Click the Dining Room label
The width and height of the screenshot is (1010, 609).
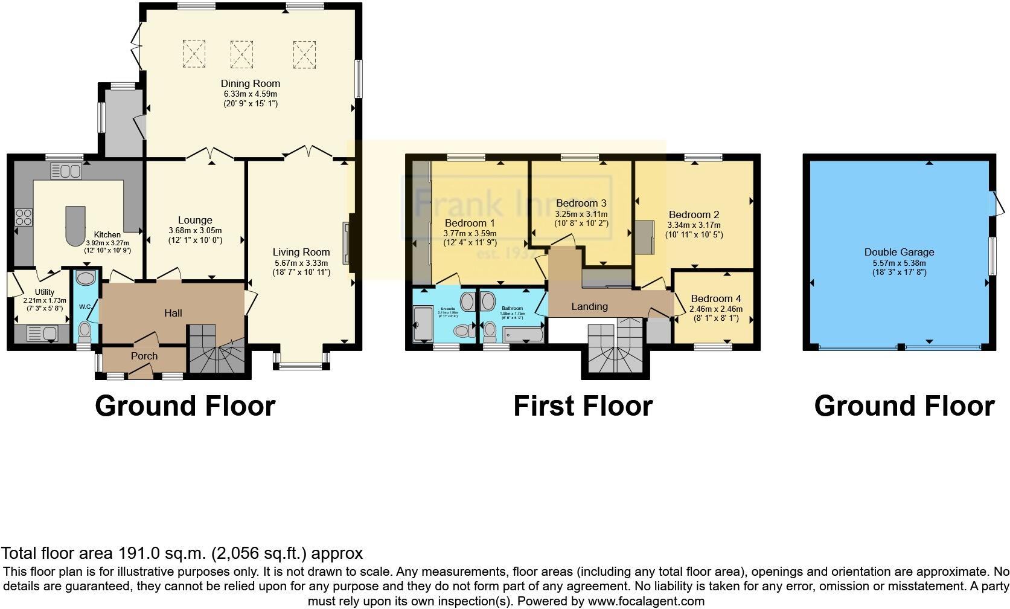pos(250,83)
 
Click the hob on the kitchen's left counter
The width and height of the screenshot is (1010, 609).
pos(23,217)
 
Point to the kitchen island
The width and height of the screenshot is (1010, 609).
pos(75,225)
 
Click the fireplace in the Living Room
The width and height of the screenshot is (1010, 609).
pos(347,243)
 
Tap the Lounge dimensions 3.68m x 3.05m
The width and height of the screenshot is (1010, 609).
pos(195,230)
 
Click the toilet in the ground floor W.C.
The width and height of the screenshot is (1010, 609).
pos(86,331)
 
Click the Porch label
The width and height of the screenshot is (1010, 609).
pos(144,356)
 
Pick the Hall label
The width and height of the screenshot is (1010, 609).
pos(173,312)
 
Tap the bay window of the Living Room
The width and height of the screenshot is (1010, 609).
pos(302,364)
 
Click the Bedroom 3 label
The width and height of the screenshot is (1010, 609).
pos(581,203)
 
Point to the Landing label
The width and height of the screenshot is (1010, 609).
pos(589,306)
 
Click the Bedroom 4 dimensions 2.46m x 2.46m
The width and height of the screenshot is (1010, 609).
pos(715,309)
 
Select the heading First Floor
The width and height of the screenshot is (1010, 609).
pos(583,406)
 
